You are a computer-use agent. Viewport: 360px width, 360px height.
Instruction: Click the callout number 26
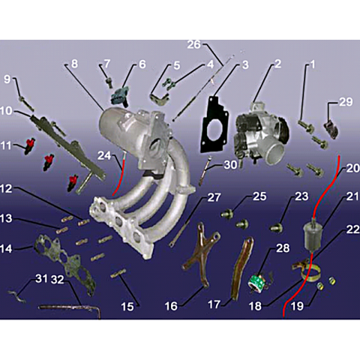[194, 44]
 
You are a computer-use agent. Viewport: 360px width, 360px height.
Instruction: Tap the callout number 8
[74, 64]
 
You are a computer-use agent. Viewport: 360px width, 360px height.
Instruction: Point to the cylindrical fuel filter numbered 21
[313, 235]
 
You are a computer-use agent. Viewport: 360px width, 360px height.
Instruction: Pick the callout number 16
[171, 306]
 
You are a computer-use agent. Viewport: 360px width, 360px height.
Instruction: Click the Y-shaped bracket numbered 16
[202, 253]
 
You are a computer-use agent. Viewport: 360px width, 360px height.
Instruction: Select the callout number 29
[346, 102]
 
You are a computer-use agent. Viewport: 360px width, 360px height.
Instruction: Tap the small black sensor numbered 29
[331, 129]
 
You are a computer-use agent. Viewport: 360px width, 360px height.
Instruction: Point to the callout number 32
[58, 280]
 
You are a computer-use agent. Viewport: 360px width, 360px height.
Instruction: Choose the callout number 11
[5, 145]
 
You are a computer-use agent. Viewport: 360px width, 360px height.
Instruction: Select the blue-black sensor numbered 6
[120, 96]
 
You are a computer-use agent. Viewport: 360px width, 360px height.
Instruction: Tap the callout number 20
[352, 168]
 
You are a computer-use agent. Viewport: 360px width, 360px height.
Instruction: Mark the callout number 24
[104, 155]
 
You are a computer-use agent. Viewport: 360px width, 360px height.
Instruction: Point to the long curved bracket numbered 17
[241, 268]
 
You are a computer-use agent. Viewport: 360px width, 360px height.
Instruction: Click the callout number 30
[230, 165]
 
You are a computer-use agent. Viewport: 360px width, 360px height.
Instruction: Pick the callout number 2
[277, 64]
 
